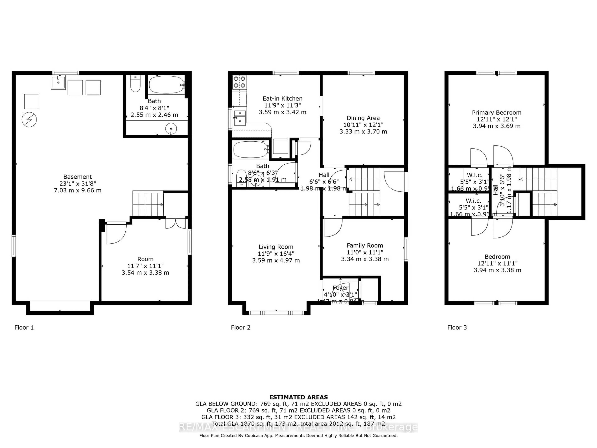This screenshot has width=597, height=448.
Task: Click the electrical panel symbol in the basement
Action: pyautogui.click(x=29, y=119)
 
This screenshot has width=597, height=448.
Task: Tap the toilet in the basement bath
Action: pyautogui.click(x=135, y=84)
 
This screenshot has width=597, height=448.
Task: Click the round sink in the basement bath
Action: pyautogui.click(x=171, y=128)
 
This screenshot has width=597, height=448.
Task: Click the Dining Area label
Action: pyautogui.click(x=363, y=118)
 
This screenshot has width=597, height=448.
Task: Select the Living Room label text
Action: pyautogui.click(x=276, y=247)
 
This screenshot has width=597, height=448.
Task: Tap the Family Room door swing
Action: pyautogui.click(x=333, y=227)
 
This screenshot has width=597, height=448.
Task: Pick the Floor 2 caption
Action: pyautogui.click(x=241, y=328)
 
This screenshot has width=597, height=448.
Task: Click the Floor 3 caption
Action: pyautogui.click(x=457, y=328)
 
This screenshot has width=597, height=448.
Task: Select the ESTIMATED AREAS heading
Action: pyautogui.click(x=298, y=397)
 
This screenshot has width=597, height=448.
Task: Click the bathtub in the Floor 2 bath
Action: pyautogui.click(x=250, y=150)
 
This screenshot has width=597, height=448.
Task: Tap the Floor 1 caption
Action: pyautogui.click(x=24, y=328)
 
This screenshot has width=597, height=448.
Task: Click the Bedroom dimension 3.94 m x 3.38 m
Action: pyautogui.click(x=497, y=270)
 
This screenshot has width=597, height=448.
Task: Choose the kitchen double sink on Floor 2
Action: pyautogui.click(x=240, y=118)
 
